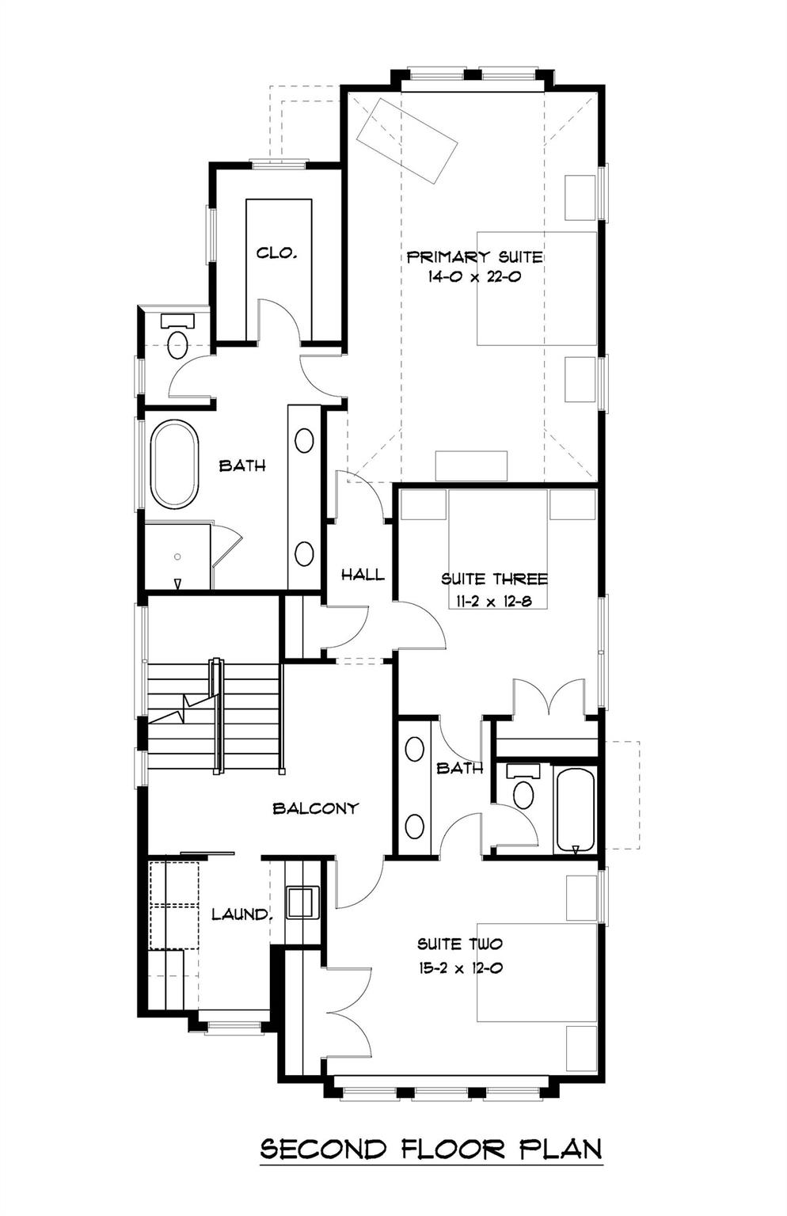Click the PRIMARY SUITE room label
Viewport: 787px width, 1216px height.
click(474, 256)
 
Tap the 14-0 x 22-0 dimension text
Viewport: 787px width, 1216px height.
click(474, 278)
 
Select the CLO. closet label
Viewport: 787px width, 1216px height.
click(276, 253)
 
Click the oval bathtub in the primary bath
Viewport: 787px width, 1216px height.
click(174, 465)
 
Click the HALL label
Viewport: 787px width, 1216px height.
click(363, 575)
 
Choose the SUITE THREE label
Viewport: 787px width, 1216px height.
click(494, 579)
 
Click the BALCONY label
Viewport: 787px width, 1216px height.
click(315, 808)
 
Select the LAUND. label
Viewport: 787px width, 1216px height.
click(242, 914)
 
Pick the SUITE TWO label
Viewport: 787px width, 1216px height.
click(460, 944)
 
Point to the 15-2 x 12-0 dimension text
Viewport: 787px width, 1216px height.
click(460, 967)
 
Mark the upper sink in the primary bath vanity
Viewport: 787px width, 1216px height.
click(304, 440)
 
